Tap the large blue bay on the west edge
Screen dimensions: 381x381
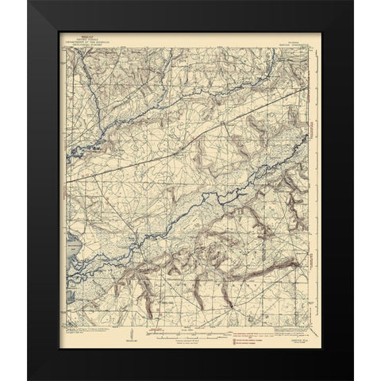coord(73,252)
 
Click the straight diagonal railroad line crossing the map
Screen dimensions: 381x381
coord(190,134)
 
